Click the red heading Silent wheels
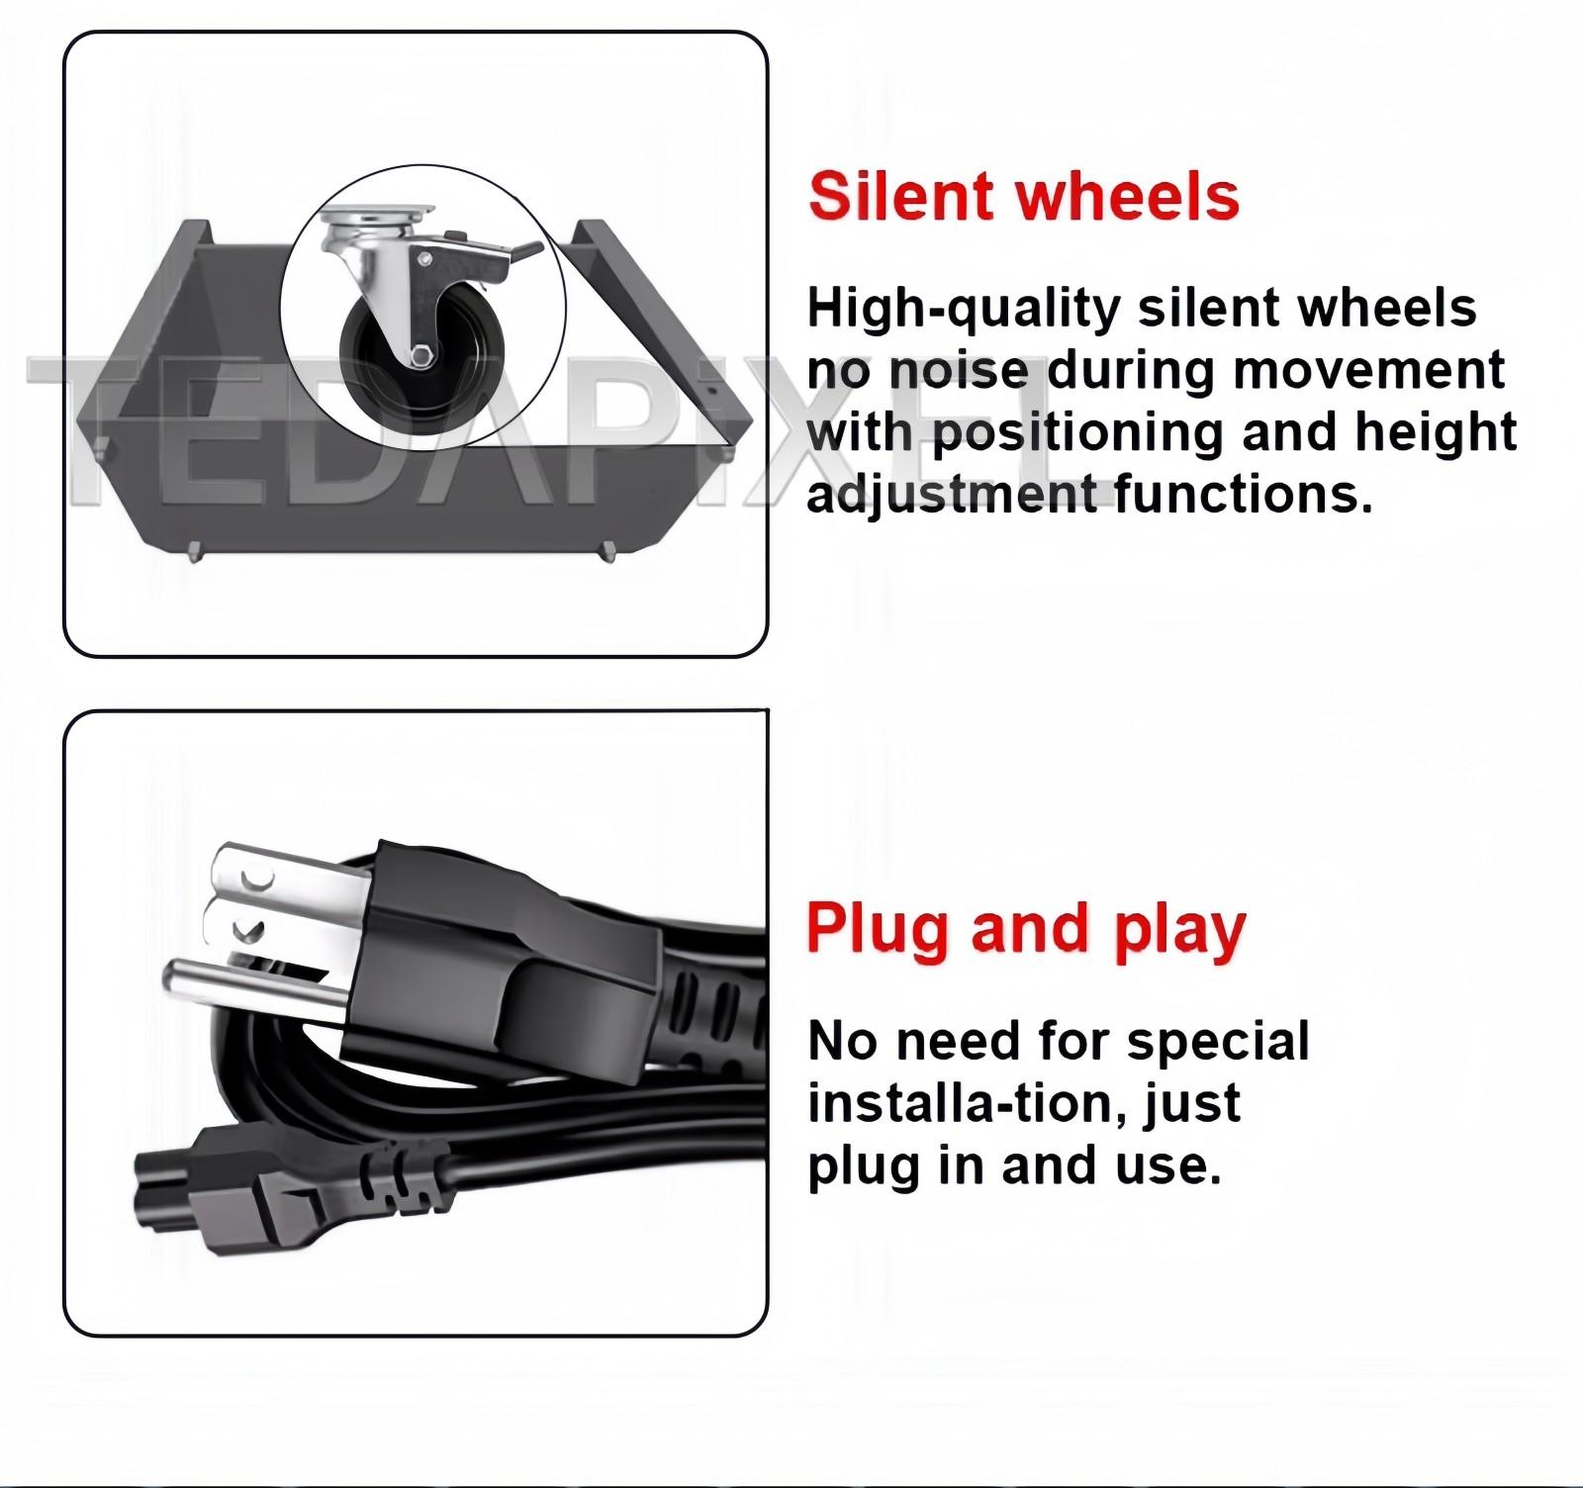1024,195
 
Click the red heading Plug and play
1026,930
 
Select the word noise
959,370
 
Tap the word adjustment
953,493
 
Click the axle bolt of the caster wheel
420,356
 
